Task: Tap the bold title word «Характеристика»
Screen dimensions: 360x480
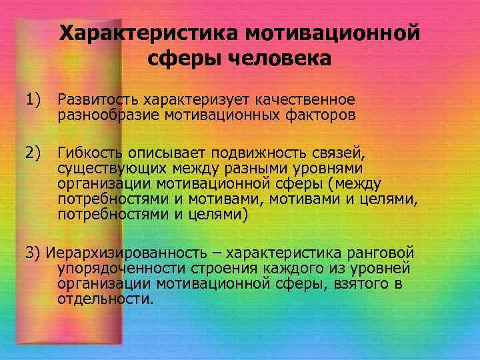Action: coord(147,32)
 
